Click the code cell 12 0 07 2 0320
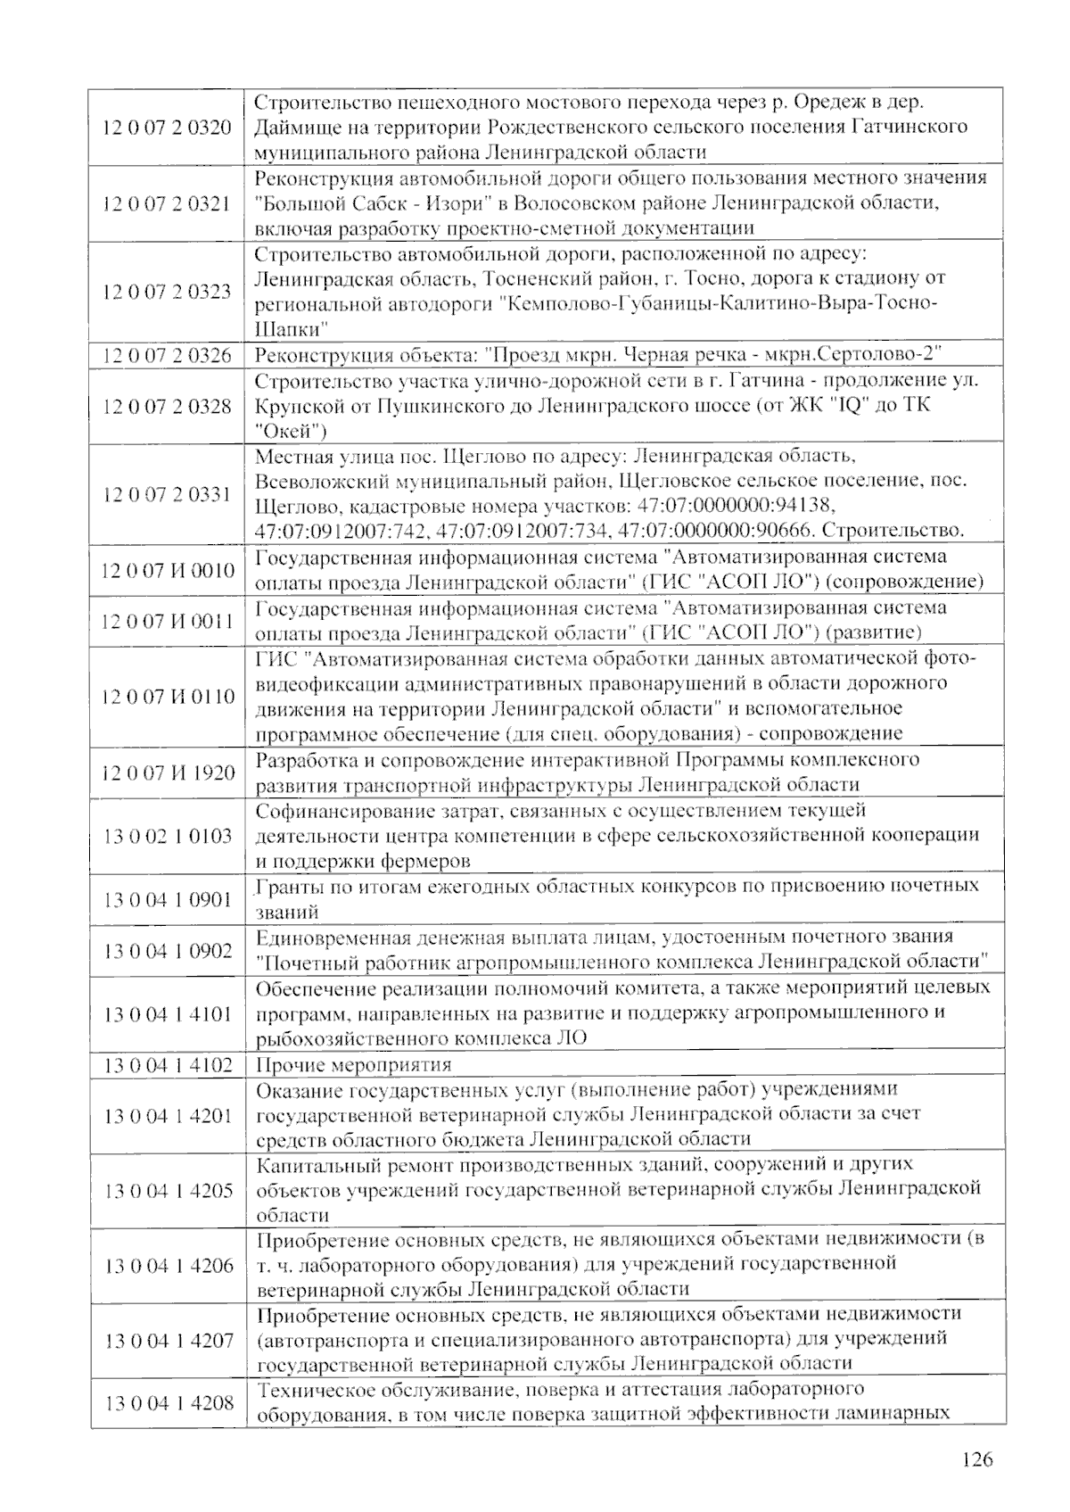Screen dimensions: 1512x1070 [x=168, y=126]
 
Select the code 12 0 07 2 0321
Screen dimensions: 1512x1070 [x=168, y=202]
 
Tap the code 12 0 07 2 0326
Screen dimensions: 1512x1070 [x=168, y=355]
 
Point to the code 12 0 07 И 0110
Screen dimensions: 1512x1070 [x=168, y=696]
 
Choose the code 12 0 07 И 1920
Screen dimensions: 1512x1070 [x=168, y=772]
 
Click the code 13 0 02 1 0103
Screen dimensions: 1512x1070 [x=168, y=836]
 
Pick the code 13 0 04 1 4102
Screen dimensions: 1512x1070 [x=168, y=1064]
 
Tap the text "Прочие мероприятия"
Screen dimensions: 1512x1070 [x=354, y=1064]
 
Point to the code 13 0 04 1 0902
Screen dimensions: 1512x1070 [x=168, y=950]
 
